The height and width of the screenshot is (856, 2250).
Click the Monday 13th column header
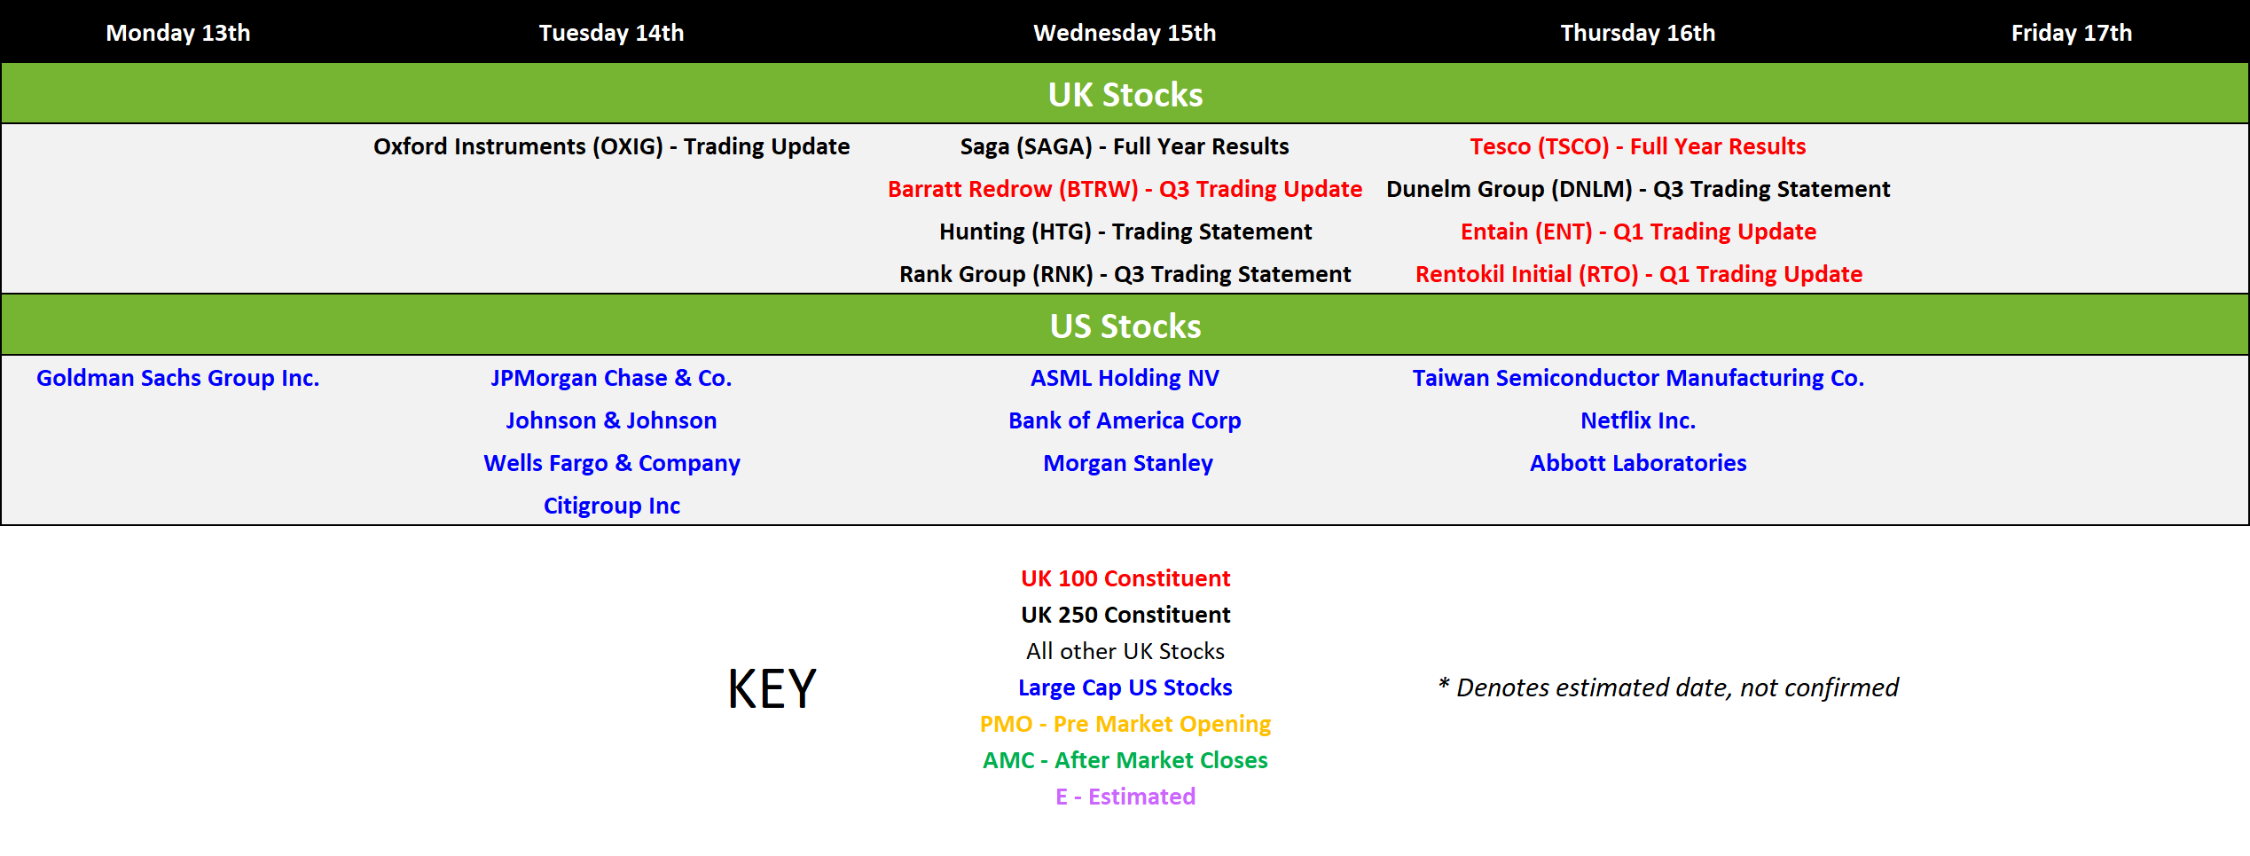point(177,33)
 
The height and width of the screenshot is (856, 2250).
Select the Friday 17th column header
point(2071,33)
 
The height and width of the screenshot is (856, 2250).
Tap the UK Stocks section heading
point(1125,95)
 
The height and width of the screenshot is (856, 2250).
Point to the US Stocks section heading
point(1125,326)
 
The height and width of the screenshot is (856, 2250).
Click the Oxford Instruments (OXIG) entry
point(611,146)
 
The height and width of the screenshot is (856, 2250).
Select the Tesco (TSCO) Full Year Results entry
point(1637,146)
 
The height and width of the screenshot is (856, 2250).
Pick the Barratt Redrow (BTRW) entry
point(1125,189)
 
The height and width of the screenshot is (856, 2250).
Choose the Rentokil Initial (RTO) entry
point(1638,274)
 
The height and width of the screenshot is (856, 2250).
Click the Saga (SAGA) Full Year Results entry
point(1124,146)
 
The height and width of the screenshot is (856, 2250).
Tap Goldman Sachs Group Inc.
point(177,378)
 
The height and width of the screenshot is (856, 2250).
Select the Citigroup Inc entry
point(611,506)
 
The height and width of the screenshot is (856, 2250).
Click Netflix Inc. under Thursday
point(1637,420)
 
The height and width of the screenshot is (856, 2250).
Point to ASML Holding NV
point(1125,378)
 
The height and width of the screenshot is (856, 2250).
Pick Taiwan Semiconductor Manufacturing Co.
point(1638,378)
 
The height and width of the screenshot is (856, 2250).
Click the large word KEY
point(772,688)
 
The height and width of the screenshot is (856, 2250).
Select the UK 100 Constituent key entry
point(1125,578)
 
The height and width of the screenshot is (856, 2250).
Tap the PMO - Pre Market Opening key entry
point(1125,724)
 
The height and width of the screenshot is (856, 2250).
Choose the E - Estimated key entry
point(1125,797)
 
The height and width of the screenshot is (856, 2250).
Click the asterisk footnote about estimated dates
point(1667,687)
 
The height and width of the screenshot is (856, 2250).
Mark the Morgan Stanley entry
point(1127,463)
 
